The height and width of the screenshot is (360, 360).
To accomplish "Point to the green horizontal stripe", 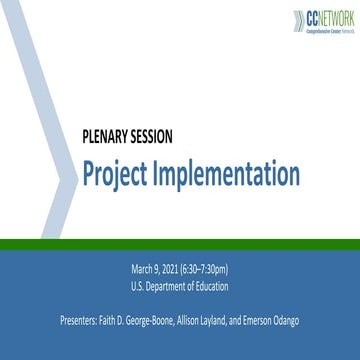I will [180, 217].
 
